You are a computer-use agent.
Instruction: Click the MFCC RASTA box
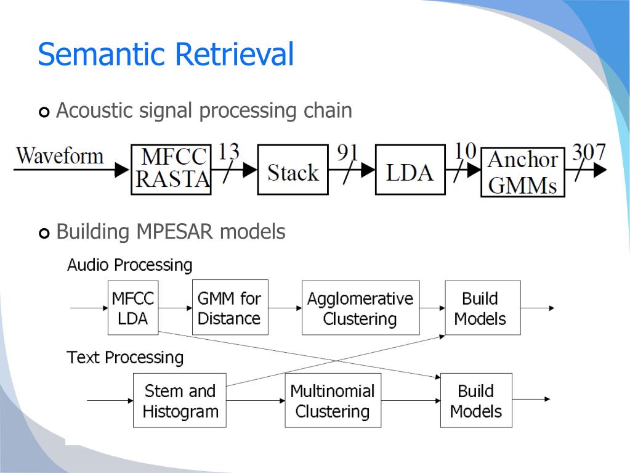coord(171,170)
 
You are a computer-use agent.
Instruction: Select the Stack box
coord(293,170)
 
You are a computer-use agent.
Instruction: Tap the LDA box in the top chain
coord(410,170)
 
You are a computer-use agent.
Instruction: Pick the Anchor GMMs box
coord(523,172)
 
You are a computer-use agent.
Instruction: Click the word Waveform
coord(60,155)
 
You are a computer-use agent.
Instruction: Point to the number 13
coord(228,152)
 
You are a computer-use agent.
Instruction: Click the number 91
coord(347,152)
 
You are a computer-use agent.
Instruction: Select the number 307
coord(589,152)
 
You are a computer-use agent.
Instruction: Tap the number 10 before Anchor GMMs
coord(466,152)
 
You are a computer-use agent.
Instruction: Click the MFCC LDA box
coord(133,308)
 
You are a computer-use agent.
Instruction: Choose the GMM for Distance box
coord(230,307)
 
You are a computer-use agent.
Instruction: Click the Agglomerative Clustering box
coord(361,308)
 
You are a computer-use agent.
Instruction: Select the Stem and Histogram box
coord(180,400)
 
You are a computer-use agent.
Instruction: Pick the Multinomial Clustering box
coord(333,400)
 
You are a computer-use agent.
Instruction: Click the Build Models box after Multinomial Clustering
coord(476,400)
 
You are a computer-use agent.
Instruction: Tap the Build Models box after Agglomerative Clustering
coord(483,308)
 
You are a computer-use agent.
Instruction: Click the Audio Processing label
coord(130,265)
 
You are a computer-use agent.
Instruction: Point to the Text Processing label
coord(126,358)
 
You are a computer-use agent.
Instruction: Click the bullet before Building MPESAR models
coord(44,233)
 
